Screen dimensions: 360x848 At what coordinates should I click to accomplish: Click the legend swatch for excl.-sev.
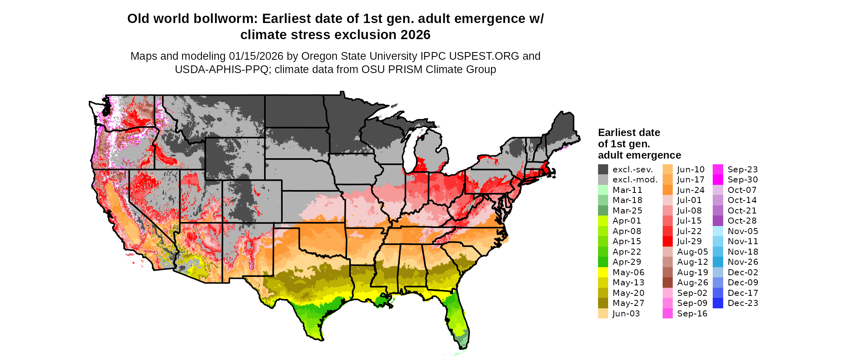click(603, 170)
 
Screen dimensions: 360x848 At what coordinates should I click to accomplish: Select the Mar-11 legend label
click(627, 190)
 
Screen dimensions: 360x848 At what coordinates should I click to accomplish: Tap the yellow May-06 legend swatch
click(603, 272)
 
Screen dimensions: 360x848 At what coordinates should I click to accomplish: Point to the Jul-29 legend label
click(689, 241)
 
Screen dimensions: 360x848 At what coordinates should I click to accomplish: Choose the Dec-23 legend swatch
click(718, 303)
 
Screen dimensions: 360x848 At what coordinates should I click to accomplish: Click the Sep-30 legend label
click(743, 180)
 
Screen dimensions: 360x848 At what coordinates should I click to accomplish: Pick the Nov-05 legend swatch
click(718, 231)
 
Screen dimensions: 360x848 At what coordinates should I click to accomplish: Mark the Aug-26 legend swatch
click(667, 283)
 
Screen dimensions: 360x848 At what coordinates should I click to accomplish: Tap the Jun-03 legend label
click(626, 314)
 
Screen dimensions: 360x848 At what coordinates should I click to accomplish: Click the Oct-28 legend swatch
click(718, 221)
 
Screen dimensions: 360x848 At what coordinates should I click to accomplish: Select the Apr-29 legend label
click(627, 262)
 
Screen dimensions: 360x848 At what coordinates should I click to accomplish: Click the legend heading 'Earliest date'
click(629, 132)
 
